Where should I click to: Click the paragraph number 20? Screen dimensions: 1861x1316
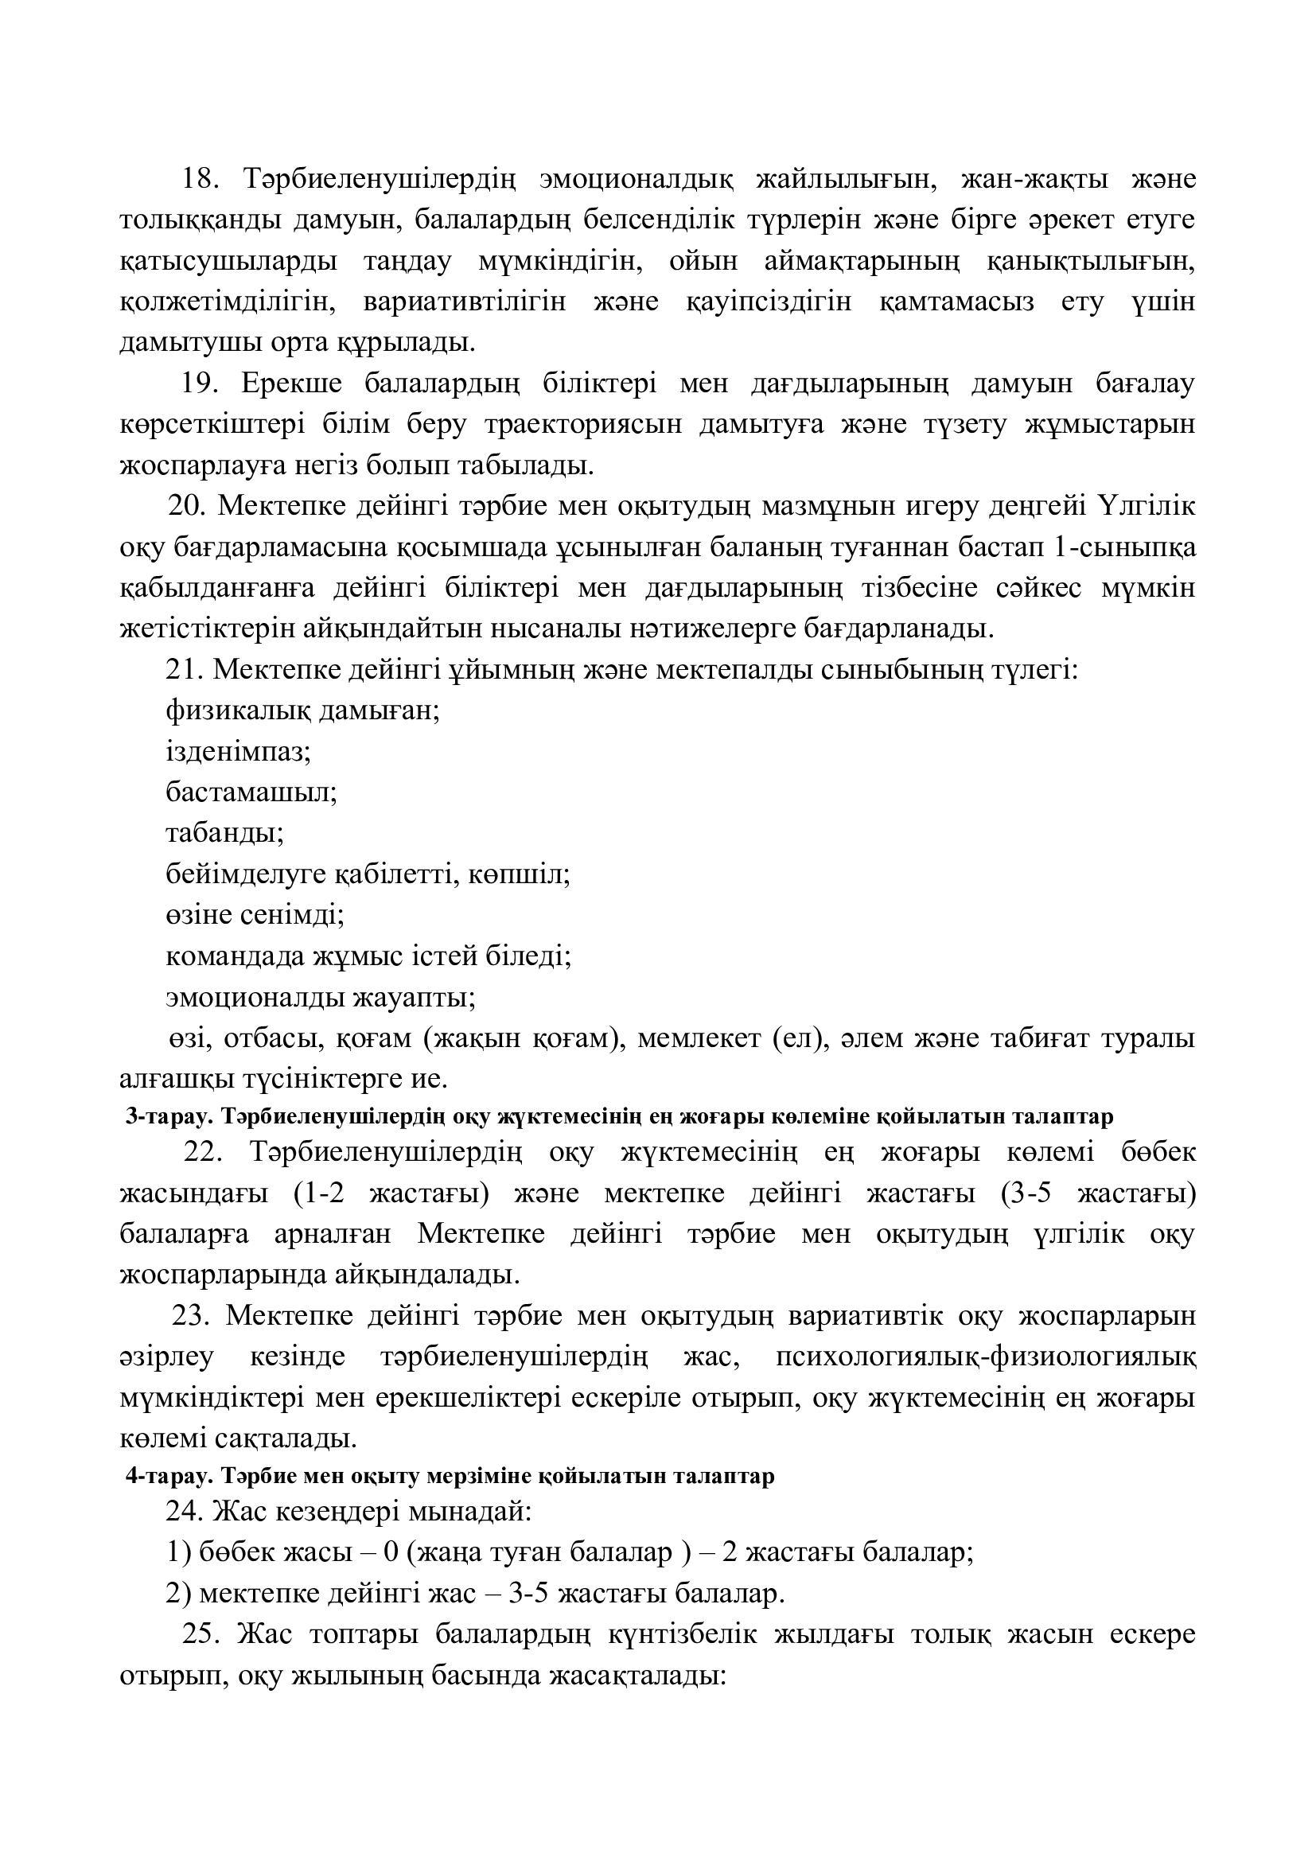click(187, 507)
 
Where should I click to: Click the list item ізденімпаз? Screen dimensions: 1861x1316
click(238, 752)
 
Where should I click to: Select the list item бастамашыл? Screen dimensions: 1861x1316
click(251, 792)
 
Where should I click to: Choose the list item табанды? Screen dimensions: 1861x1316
click(224, 833)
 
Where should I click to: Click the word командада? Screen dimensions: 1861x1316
click(236, 956)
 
